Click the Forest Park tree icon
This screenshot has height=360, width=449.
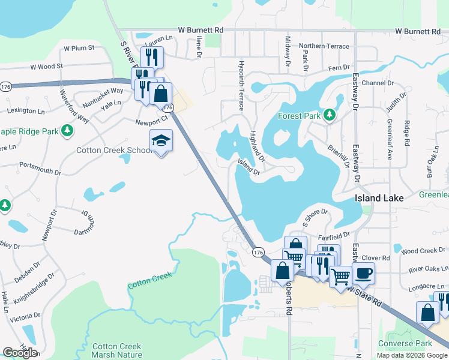[329, 115]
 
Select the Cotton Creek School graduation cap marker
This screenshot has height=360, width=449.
[161, 141]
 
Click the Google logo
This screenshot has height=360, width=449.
[20, 352]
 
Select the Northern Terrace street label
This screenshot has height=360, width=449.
[324, 46]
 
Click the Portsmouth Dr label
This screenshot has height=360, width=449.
[40, 167]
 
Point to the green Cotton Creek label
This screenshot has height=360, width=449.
[150, 280]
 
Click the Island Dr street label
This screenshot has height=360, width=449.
[249, 166]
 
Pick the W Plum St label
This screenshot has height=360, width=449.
[79, 47]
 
